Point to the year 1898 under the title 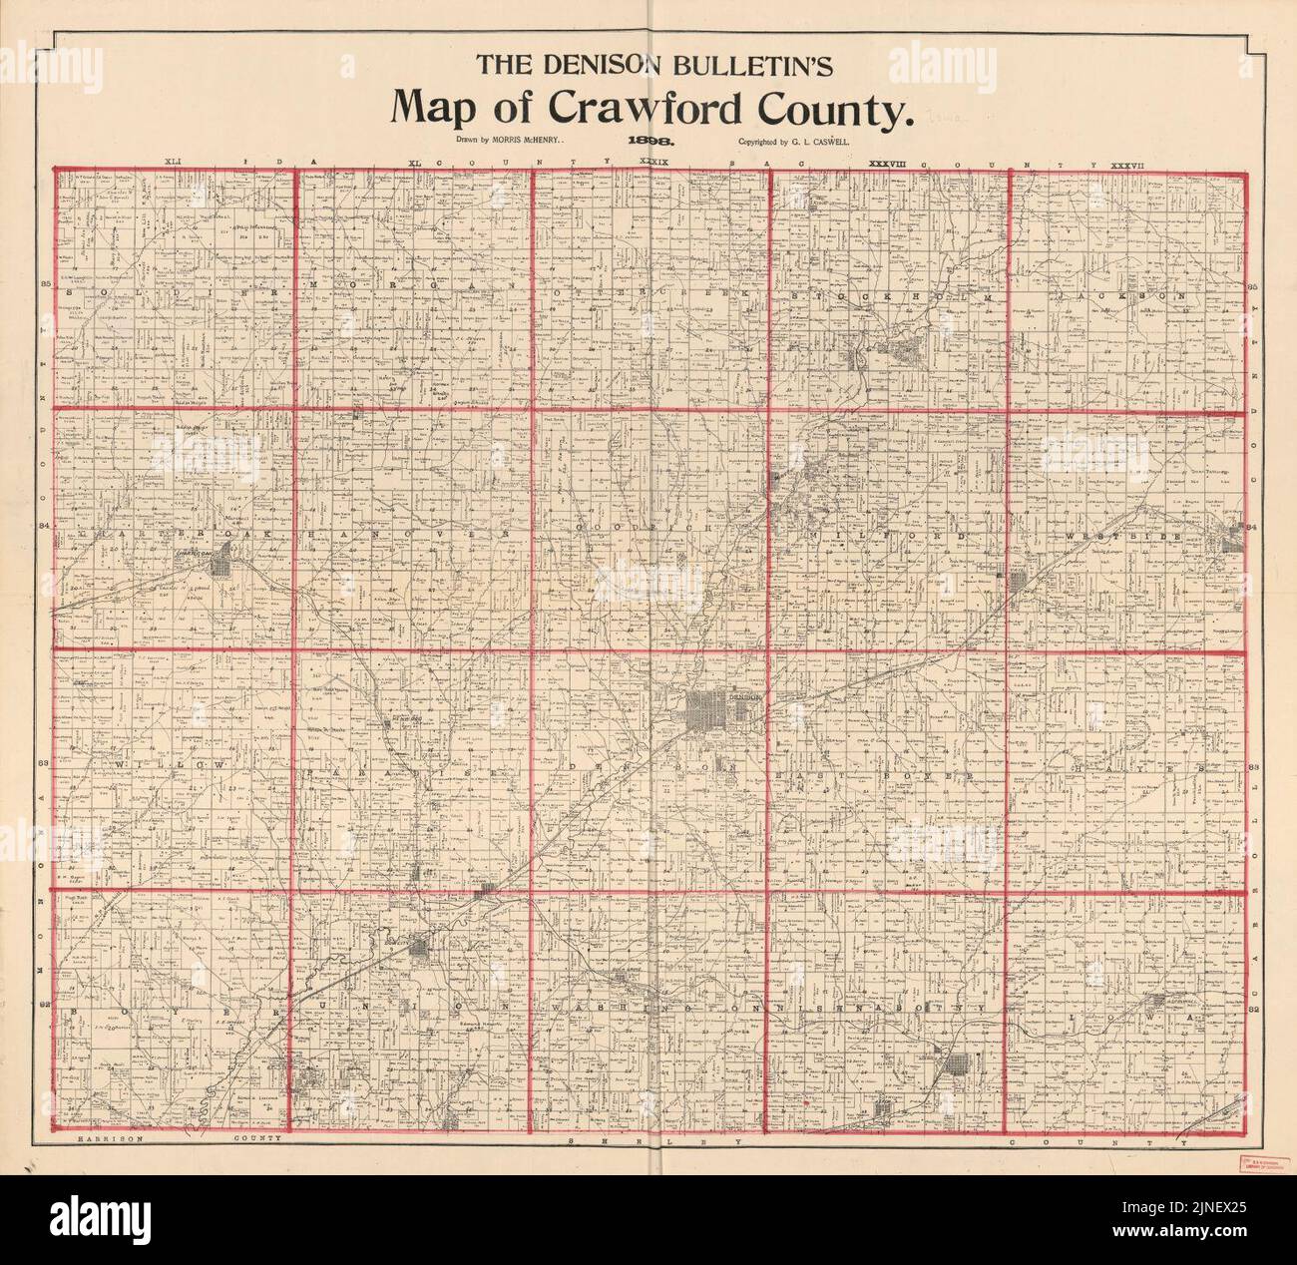pyautogui.click(x=648, y=143)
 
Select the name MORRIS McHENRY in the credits pyautogui.click(x=525, y=142)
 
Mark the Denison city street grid pyautogui.click(x=711, y=709)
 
